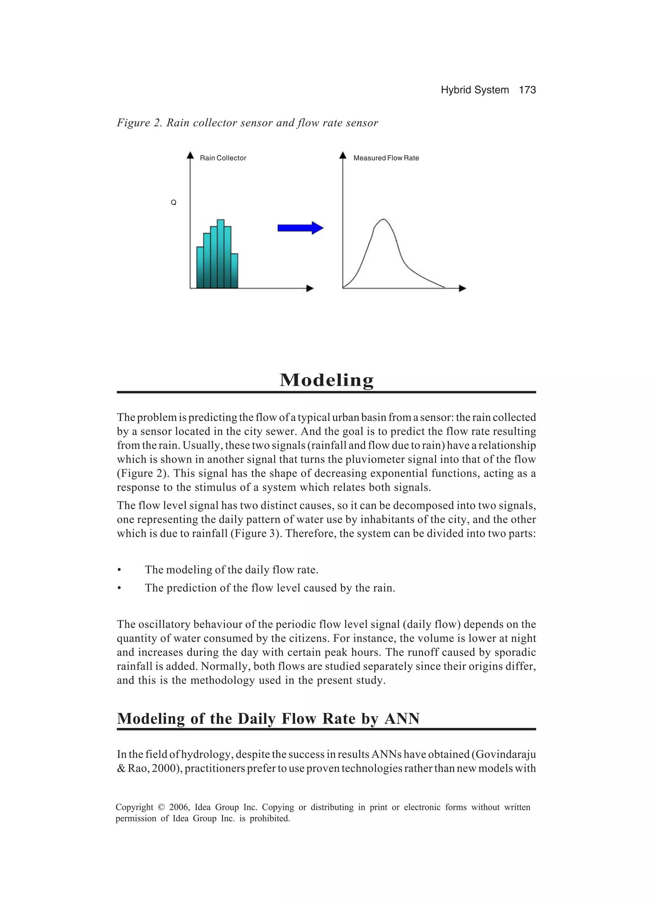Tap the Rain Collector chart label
point(223,158)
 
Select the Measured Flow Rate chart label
point(386,158)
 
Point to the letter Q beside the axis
point(173,203)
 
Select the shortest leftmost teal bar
point(200,267)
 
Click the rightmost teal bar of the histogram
point(235,271)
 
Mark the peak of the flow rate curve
point(383,219)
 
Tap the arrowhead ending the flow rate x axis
point(462,288)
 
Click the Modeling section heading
point(326,380)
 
